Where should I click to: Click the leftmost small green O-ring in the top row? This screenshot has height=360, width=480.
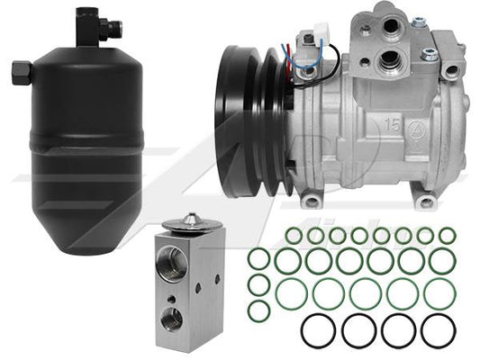294,236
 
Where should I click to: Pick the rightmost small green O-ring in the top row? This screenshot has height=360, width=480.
447,236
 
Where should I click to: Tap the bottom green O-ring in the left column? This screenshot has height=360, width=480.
258,310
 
